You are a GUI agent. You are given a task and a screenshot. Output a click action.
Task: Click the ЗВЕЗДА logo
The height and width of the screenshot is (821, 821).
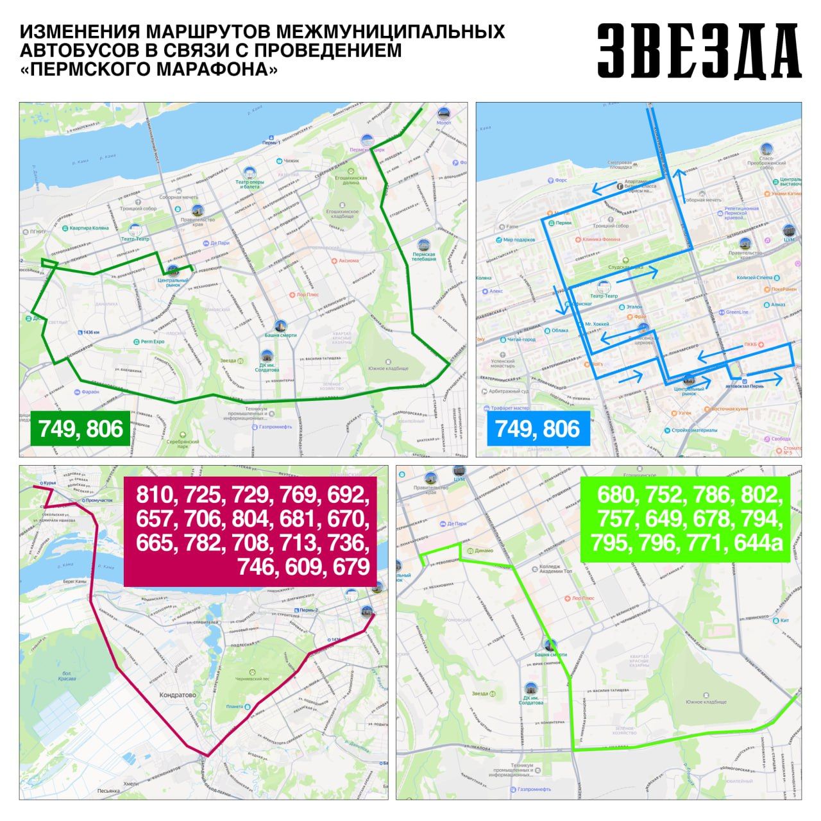698,51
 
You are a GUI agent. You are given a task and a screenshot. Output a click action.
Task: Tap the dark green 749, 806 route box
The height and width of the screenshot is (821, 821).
80,428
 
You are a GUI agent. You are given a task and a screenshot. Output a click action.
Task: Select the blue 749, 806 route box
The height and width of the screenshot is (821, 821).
537,428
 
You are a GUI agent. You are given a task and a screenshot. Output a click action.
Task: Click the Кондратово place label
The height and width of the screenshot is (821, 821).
177,695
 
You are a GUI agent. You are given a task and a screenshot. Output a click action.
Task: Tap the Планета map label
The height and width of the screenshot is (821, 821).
235,707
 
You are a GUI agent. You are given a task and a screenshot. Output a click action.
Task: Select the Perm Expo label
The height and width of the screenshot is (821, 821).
153,342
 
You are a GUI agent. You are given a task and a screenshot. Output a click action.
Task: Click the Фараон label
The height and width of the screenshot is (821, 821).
90,391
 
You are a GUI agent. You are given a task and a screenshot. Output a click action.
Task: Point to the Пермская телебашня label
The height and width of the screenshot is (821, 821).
423,257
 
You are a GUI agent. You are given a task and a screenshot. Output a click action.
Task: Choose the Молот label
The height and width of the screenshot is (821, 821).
443,122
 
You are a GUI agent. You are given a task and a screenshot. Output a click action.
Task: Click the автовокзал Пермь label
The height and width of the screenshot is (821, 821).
744,386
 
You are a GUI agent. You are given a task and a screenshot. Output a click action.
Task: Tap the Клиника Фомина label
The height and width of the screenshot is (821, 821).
601,239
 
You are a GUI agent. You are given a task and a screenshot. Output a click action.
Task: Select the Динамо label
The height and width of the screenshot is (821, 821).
484,550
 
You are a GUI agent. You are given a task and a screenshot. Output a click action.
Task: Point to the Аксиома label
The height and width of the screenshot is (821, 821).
348,261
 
